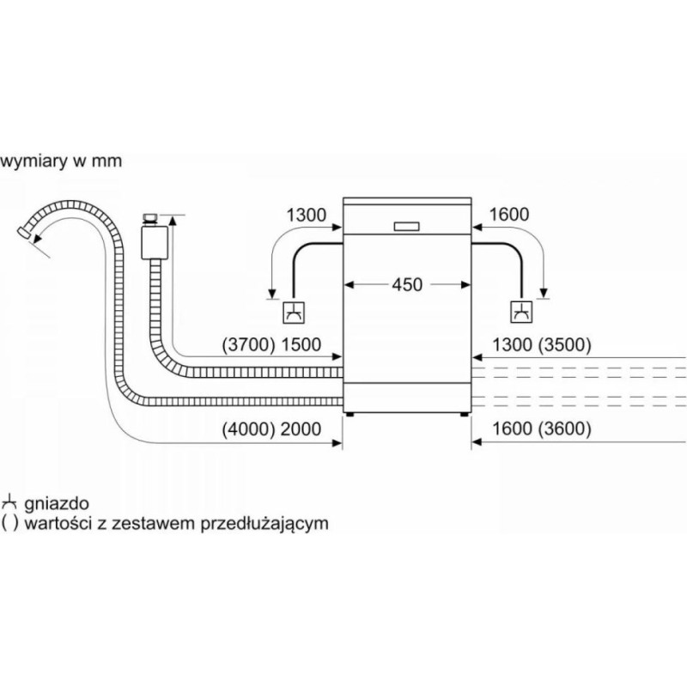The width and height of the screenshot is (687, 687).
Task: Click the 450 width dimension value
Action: click(x=407, y=284)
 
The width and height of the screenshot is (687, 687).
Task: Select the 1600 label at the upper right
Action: click(x=509, y=215)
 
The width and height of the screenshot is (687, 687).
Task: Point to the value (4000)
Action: click(x=246, y=429)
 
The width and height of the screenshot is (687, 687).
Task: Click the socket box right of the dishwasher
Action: click(x=521, y=313)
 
